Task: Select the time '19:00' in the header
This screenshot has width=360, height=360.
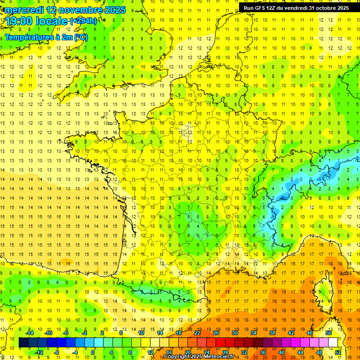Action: pos(18,21)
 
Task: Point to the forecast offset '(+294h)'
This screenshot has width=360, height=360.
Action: pos(83,21)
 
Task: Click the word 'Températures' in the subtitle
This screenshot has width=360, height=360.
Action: pos(30,37)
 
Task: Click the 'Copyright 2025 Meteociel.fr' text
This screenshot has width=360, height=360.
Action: pos(199,357)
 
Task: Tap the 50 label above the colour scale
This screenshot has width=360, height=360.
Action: pos(329,333)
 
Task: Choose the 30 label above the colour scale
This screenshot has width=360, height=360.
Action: pos(235,333)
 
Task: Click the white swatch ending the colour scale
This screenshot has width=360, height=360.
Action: pos(333,343)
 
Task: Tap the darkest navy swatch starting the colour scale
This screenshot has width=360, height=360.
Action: pos(24,343)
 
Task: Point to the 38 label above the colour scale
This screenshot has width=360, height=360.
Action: pos(272,333)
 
